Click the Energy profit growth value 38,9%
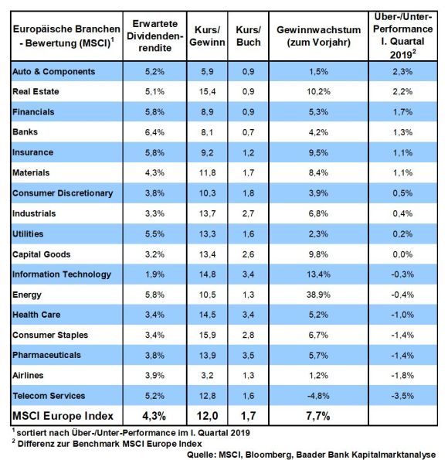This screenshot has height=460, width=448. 318,295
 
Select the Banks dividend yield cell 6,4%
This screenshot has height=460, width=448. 154,132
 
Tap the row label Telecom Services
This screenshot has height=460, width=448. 49,396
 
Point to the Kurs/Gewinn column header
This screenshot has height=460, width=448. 207,36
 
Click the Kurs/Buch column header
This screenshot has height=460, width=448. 249,36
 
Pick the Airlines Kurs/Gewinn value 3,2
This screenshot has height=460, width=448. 207,376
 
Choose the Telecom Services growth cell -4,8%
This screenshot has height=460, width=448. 318,396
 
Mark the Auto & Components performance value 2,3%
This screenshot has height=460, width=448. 402,72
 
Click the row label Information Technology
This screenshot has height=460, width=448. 62,274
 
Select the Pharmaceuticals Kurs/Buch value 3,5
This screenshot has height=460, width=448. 249,356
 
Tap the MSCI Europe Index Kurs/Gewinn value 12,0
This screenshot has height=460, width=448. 207,416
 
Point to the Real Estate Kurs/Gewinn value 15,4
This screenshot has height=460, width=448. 207,91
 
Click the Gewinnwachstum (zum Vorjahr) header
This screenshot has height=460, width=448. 318,36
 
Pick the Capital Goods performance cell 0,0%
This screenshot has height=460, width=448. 402,254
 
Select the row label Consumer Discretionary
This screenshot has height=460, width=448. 63,193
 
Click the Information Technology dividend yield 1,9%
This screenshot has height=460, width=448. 154,274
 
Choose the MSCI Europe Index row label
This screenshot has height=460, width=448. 63,416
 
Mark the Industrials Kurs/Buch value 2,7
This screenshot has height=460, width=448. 249,213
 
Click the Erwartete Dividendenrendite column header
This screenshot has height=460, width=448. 154,36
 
